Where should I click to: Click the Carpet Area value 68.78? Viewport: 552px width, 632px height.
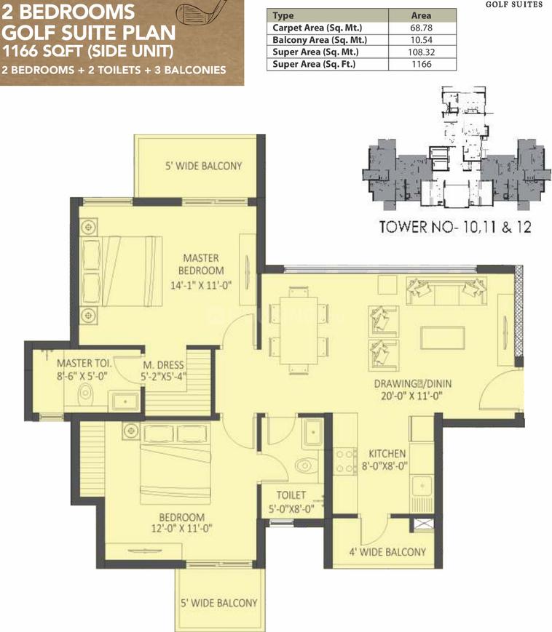pyautogui.click(x=421, y=28)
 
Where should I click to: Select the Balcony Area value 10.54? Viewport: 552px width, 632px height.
pyautogui.click(x=421, y=40)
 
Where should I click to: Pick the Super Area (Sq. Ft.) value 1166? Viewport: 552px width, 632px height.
pyautogui.click(x=422, y=64)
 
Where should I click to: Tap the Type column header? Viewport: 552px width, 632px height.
pyautogui.click(x=283, y=16)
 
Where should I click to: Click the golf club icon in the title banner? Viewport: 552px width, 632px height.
pyautogui.click(x=199, y=12)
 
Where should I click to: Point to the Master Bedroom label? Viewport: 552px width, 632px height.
pyautogui.click(x=201, y=264)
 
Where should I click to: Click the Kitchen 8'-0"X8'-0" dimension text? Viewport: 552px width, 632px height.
pyautogui.click(x=385, y=466)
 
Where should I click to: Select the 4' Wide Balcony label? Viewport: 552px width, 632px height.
pyautogui.click(x=387, y=552)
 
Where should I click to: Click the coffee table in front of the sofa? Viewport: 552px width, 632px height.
pyautogui.click(x=443, y=337)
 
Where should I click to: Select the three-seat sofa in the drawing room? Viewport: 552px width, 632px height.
pyautogui.click(x=446, y=291)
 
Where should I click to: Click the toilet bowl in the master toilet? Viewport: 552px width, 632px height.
pyautogui.click(x=85, y=393)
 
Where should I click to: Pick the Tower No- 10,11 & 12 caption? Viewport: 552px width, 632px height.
pyautogui.click(x=455, y=227)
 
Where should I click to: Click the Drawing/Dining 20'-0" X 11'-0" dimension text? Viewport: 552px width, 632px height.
pyautogui.click(x=411, y=396)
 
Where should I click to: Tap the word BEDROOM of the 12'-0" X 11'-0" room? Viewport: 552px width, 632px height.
pyautogui.click(x=181, y=517)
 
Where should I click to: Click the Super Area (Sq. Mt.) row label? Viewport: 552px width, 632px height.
pyautogui.click(x=315, y=52)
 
